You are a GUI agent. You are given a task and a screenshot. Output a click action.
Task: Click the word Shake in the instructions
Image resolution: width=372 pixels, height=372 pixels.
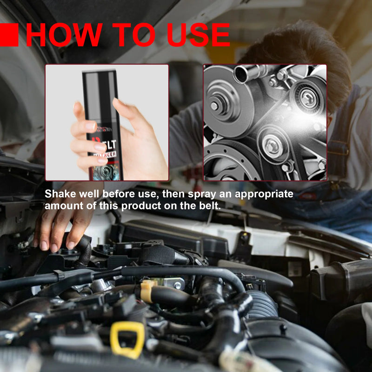59,194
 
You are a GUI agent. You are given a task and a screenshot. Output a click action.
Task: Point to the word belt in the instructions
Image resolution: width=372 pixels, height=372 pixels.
208,206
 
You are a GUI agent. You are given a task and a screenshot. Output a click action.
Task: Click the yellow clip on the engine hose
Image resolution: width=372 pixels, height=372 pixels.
147,290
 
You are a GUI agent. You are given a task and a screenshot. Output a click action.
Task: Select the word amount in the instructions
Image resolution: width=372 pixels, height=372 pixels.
62,206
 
